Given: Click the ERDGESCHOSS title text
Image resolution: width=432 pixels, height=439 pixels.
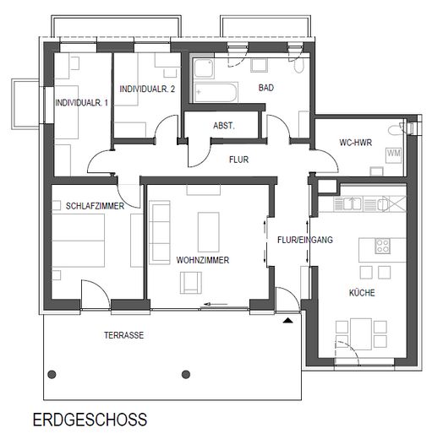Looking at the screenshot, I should pyautogui.click(x=90, y=419).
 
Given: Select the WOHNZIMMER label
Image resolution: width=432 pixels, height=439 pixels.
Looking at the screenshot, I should pyautogui.click(x=203, y=259).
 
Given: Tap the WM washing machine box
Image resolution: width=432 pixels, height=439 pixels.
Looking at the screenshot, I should pyautogui.click(x=394, y=154).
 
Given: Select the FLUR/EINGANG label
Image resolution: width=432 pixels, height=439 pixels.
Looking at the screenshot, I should pyautogui.click(x=304, y=240).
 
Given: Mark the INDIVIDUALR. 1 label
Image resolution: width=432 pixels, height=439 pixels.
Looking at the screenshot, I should pyautogui.click(x=81, y=103).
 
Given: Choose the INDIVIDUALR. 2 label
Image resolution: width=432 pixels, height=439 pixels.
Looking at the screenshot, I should pyautogui.click(x=148, y=89).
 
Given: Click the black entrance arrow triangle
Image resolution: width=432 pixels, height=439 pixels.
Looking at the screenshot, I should pyautogui.click(x=290, y=320).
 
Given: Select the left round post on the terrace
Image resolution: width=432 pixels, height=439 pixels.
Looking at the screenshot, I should pyautogui.click(x=52, y=375).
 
